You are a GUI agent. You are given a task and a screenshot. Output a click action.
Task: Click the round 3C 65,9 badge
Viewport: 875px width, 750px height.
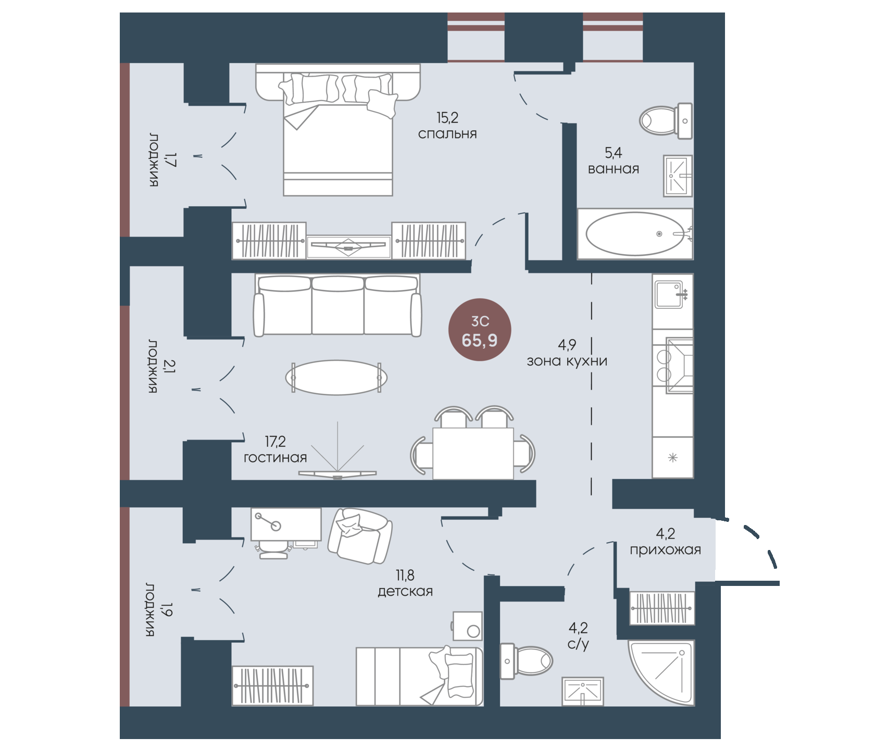pyautogui.click(x=480, y=330)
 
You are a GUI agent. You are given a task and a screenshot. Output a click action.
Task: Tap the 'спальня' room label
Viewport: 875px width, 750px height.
pyautogui.click(x=447, y=134)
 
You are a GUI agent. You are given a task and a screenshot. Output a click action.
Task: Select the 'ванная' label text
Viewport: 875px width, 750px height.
pyautogui.click(x=614, y=169)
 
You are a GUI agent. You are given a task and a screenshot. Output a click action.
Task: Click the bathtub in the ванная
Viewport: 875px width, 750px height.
pyautogui.click(x=635, y=234)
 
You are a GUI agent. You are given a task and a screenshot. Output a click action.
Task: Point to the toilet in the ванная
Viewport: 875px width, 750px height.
pyautogui.click(x=666, y=121)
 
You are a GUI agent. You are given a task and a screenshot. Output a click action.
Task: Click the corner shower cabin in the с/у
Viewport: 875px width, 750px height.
pyautogui.click(x=661, y=673)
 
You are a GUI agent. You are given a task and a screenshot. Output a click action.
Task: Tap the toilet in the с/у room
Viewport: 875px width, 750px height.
pyautogui.click(x=526, y=661)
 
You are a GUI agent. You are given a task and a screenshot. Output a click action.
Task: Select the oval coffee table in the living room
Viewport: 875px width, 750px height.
pyautogui.click(x=336, y=378)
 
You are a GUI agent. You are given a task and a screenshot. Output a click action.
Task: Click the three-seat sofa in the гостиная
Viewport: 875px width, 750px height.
pyautogui.click(x=337, y=305)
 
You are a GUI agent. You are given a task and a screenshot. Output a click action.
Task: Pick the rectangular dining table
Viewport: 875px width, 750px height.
pyautogui.click(x=473, y=453)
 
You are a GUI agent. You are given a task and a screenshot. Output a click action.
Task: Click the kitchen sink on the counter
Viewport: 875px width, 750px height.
pyautogui.click(x=670, y=295)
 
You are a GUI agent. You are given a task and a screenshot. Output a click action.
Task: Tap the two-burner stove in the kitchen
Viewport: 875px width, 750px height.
pyautogui.click(x=672, y=365)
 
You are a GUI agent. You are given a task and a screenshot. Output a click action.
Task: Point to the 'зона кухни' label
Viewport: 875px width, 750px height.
pyautogui.click(x=567, y=361)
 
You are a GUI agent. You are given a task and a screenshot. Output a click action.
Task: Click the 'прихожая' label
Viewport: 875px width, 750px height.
pyautogui.click(x=665, y=550)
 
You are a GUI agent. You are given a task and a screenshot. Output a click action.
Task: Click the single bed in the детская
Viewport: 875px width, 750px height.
pyautogui.click(x=419, y=677)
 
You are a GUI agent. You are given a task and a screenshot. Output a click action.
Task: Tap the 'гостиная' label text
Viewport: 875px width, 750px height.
pyautogui.click(x=275, y=458)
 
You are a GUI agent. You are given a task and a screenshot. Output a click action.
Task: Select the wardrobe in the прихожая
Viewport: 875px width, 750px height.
pyautogui.click(x=662, y=608)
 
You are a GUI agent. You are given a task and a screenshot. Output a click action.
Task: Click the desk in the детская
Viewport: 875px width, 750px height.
pyautogui.click(x=286, y=524)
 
